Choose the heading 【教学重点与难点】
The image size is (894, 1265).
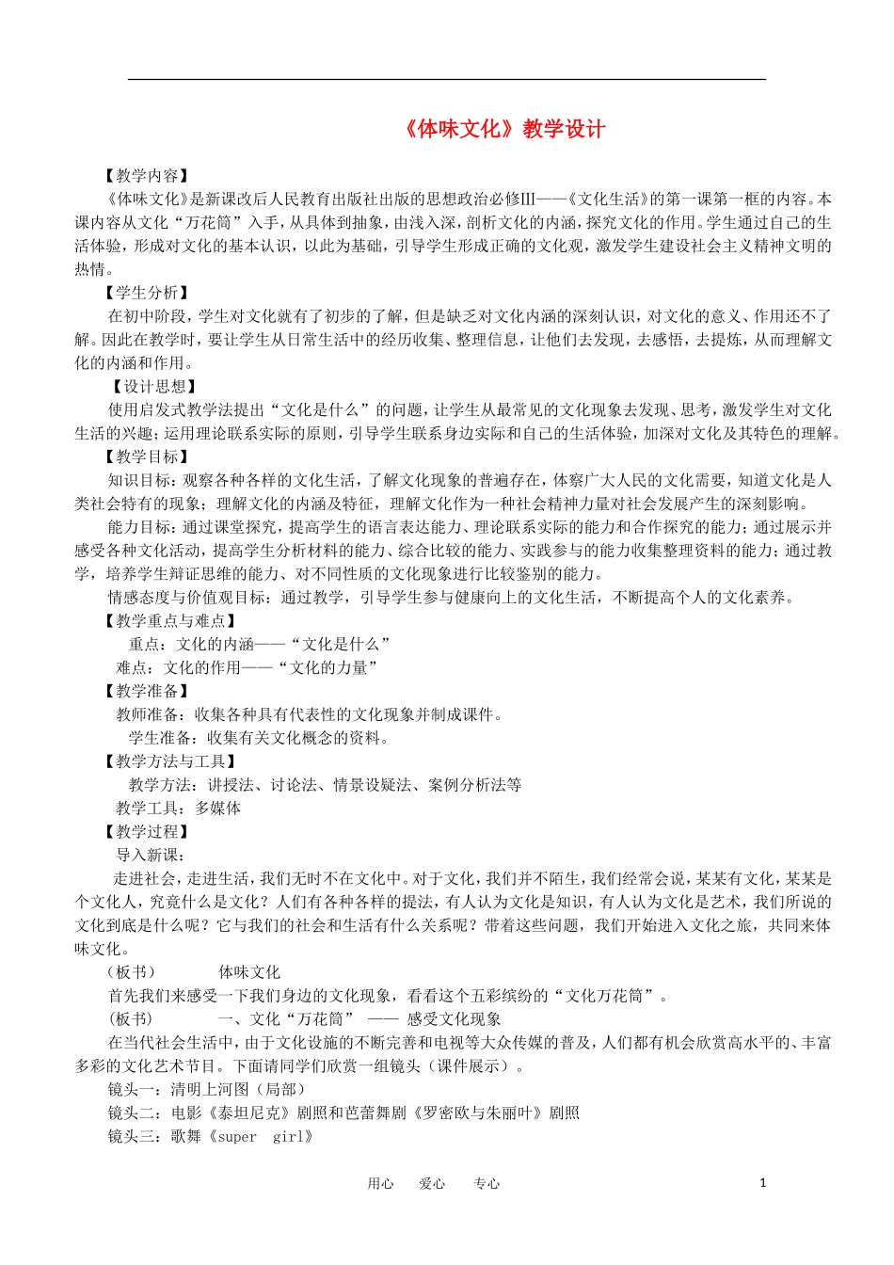[x=170, y=621]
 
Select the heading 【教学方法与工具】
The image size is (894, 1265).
[x=170, y=761]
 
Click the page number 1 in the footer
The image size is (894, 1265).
[x=763, y=1183]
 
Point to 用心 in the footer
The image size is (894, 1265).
[x=380, y=1184]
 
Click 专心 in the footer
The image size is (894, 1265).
[x=487, y=1184]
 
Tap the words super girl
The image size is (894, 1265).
[x=264, y=1137]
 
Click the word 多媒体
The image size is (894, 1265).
[x=217, y=809]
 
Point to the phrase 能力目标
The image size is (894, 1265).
[x=139, y=528]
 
